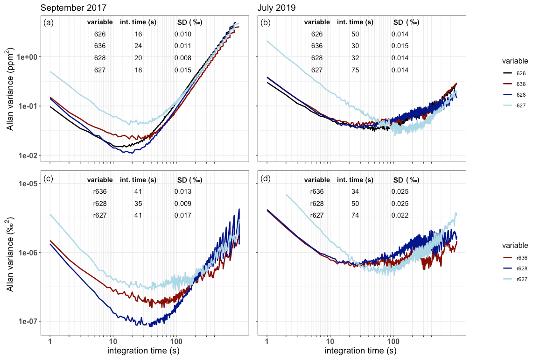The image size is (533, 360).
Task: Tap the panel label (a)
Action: pyautogui.click(x=49, y=22)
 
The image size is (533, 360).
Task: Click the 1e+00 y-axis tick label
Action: pyautogui.click(x=30, y=57)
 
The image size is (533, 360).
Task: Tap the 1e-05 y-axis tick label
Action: pyautogui.click(x=30, y=184)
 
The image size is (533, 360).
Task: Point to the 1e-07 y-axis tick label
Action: pyautogui.click(x=30, y=321)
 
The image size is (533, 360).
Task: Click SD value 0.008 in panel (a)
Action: pyautogui.click(x=183, y=58)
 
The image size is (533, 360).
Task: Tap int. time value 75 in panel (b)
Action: pyautogui.click(x=355, y=71)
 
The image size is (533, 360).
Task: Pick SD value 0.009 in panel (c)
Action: pyautogui.click(x=183, y=204)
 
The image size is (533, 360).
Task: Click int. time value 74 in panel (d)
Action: pyautogui.click(x=355, y=215)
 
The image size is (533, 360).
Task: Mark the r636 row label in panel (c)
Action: pyautogui.click(x=100, y=191)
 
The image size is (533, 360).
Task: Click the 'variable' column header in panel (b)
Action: pyautogui.click(x=317, y=22)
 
